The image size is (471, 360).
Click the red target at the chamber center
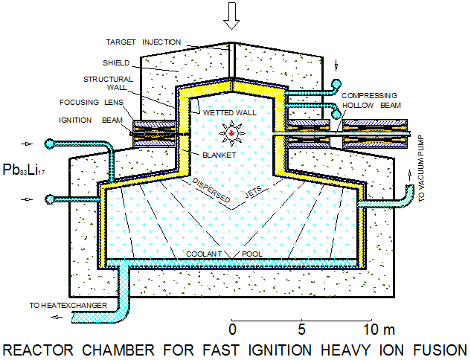[232, 133]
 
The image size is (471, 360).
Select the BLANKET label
[219, 155]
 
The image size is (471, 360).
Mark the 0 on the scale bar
[233, 329]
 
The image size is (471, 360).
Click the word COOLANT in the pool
[205, 254]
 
